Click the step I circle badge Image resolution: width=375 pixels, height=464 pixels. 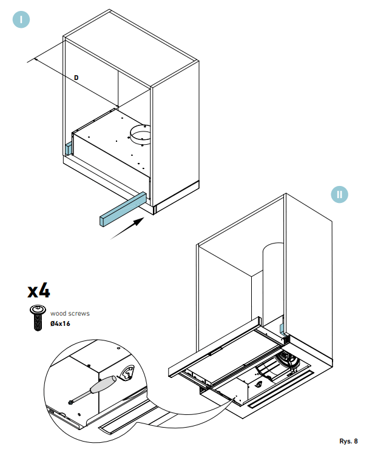(21, 19)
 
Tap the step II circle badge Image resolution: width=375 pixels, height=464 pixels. (340, 194)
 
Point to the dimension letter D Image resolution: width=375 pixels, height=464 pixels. (76, 78)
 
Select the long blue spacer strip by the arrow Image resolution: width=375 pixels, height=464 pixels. (122, 210)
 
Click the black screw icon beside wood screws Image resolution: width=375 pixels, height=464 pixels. (38, 317)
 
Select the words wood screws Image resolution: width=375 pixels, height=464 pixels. (70, 314)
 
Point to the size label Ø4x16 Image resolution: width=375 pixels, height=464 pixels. (62, 324)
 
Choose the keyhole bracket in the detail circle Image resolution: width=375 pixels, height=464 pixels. (129, 371)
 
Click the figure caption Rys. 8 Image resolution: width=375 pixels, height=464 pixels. (348, 440)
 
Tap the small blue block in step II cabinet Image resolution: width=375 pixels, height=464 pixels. (282, 328)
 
